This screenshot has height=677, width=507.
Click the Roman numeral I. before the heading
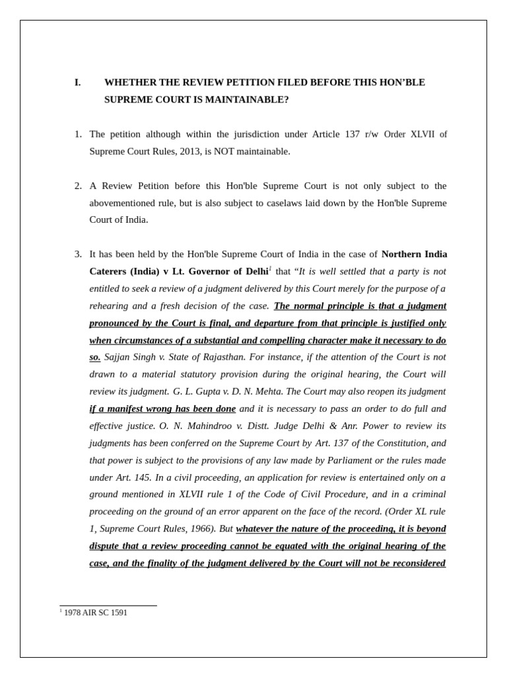[78, 83]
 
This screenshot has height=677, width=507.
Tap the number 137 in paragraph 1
[352, 134]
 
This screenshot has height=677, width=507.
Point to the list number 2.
[78, 186]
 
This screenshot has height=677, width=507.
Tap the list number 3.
[78, 254]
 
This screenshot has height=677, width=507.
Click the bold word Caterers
[108, 272]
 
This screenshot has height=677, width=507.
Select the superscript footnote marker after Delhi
[270, 268]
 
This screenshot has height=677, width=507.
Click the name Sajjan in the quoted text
[118, 357]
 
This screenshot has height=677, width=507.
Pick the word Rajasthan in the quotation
[221, 357]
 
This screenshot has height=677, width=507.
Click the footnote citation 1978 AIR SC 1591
[96, 613]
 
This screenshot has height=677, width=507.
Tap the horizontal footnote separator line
[108, 606]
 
